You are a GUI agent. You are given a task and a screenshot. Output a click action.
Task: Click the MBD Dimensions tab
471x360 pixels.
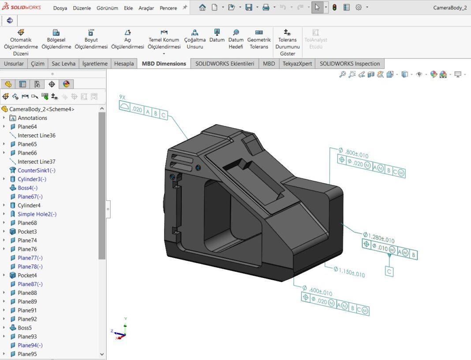click(164, 63)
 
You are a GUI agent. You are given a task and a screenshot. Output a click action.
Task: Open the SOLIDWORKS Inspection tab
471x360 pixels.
click(350, 63)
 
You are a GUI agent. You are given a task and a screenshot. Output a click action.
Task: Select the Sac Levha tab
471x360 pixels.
click(64, 63)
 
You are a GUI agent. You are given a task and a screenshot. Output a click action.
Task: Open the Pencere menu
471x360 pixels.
click(168, 8)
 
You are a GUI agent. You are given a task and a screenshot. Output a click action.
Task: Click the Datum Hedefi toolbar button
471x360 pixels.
click(236, 39)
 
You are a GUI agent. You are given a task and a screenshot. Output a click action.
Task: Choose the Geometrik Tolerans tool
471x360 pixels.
click(259, 39)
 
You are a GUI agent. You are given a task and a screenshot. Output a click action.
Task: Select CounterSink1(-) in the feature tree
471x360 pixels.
click(36, 171)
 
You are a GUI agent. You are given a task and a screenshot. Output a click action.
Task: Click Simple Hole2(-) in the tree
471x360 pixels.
click(37, 214)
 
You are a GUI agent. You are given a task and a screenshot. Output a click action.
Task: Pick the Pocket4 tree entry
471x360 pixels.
click(27, 275)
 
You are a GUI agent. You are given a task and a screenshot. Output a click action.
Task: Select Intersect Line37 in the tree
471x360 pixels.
click(36, 162)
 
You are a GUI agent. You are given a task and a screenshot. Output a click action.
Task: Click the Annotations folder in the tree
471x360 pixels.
click(32, 118)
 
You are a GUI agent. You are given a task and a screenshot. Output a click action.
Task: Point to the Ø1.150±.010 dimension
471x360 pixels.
click(349, 272)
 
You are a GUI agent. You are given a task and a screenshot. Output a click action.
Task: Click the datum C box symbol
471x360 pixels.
click(389, 271)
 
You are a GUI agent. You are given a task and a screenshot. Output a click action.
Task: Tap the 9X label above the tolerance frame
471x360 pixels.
click(122, 96)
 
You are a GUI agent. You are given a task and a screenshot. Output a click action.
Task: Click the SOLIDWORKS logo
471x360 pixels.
click(21, 7)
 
